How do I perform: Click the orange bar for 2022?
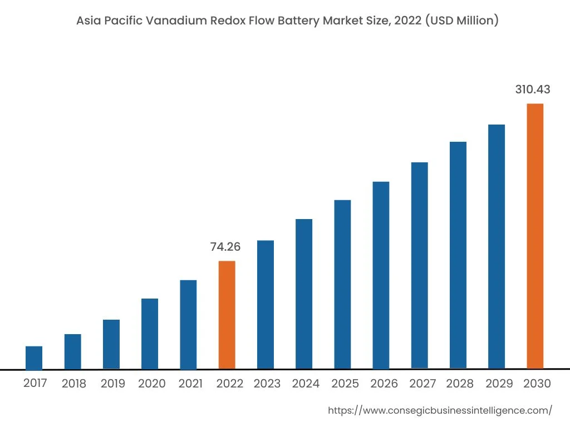tap(227, 315)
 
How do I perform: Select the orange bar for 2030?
tap(535, 236)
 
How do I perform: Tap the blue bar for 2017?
tap(34, 358)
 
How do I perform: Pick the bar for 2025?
tap(342, 284)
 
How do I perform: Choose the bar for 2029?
tap(497, 246)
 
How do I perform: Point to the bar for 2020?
tap(150, 334)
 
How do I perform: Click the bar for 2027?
tap(420, 265)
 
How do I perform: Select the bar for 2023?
tap(266, 304)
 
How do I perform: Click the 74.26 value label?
tap(225, 247)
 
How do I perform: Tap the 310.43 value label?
tap(533, 90)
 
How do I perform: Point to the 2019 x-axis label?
tap(113, 384)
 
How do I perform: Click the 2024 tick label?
tap(306, 384)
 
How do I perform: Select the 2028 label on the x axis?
tap(460, 384)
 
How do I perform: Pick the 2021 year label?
tap(190, 384)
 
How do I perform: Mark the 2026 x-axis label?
tap(384, 384)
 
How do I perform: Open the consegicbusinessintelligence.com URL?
tap(440, 410)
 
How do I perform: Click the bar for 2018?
tap(73, 351)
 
